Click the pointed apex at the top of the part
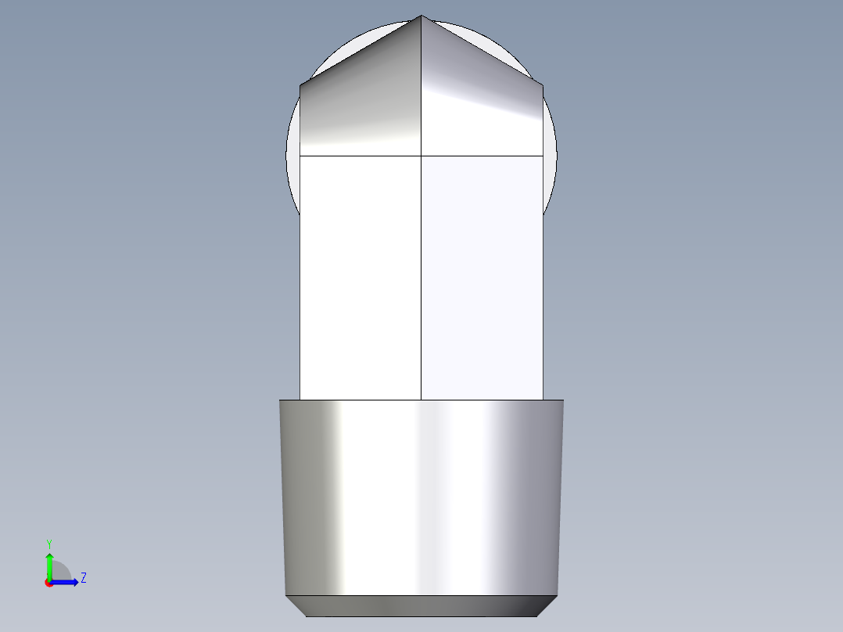click(421, 16)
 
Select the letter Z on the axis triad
click(83, 578)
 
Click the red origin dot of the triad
click(48, 583)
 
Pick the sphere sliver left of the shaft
click(293, 164)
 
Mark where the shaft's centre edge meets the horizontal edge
click(421, 156)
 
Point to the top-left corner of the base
click(280, 400)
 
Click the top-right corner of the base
click(563, 400)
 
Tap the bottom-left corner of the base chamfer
click(306, 616)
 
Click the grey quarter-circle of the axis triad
click(63, 572)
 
